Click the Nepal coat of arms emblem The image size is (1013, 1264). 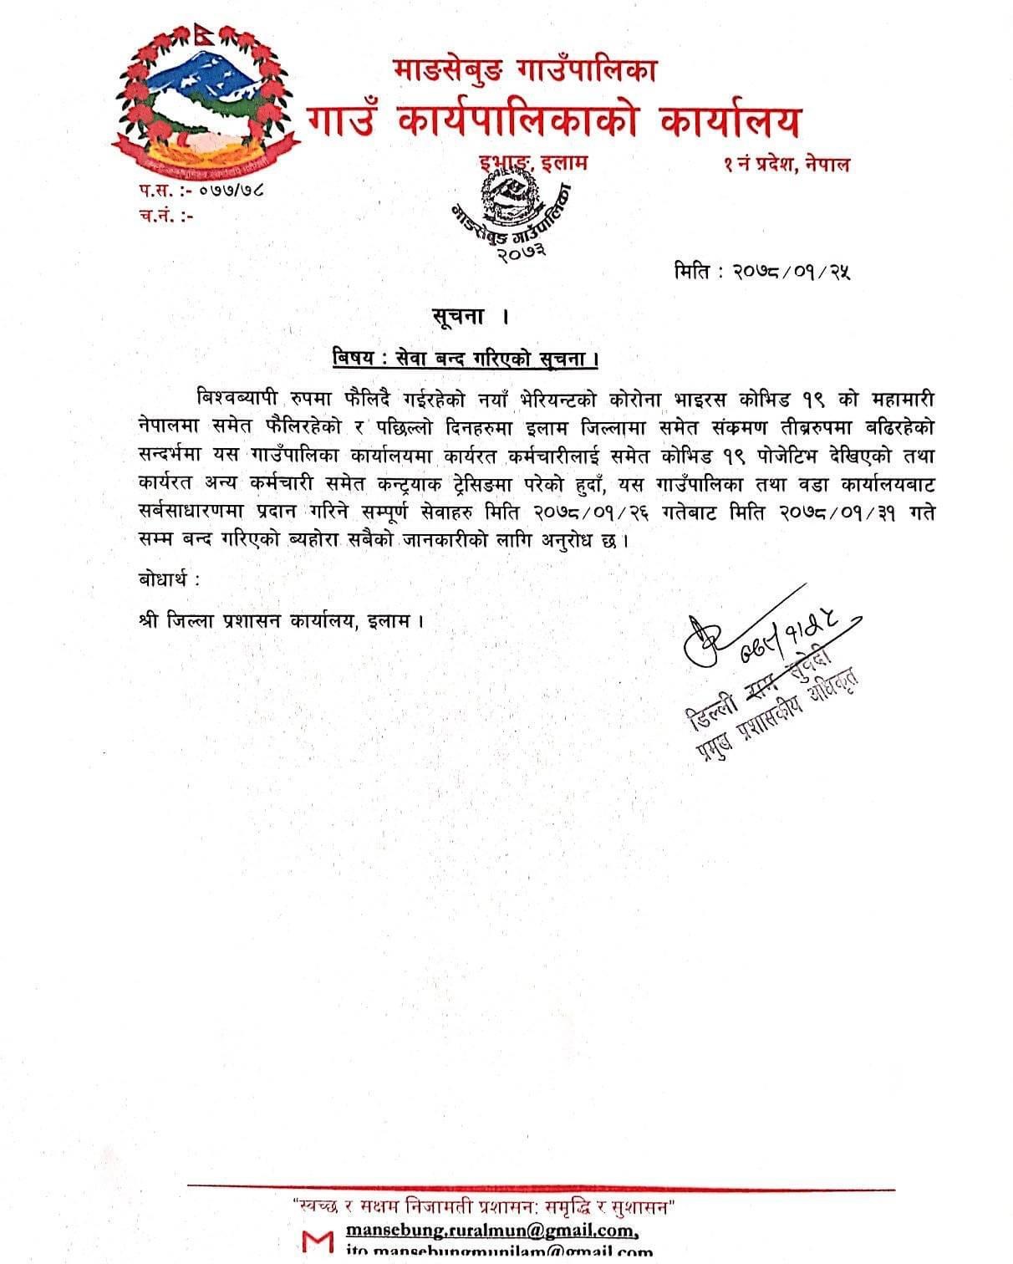coord(204,99)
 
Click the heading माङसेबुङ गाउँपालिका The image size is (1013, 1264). coord(524,70)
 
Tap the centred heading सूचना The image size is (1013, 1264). coord(461,318)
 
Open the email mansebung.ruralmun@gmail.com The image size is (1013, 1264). coord(492,1231)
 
